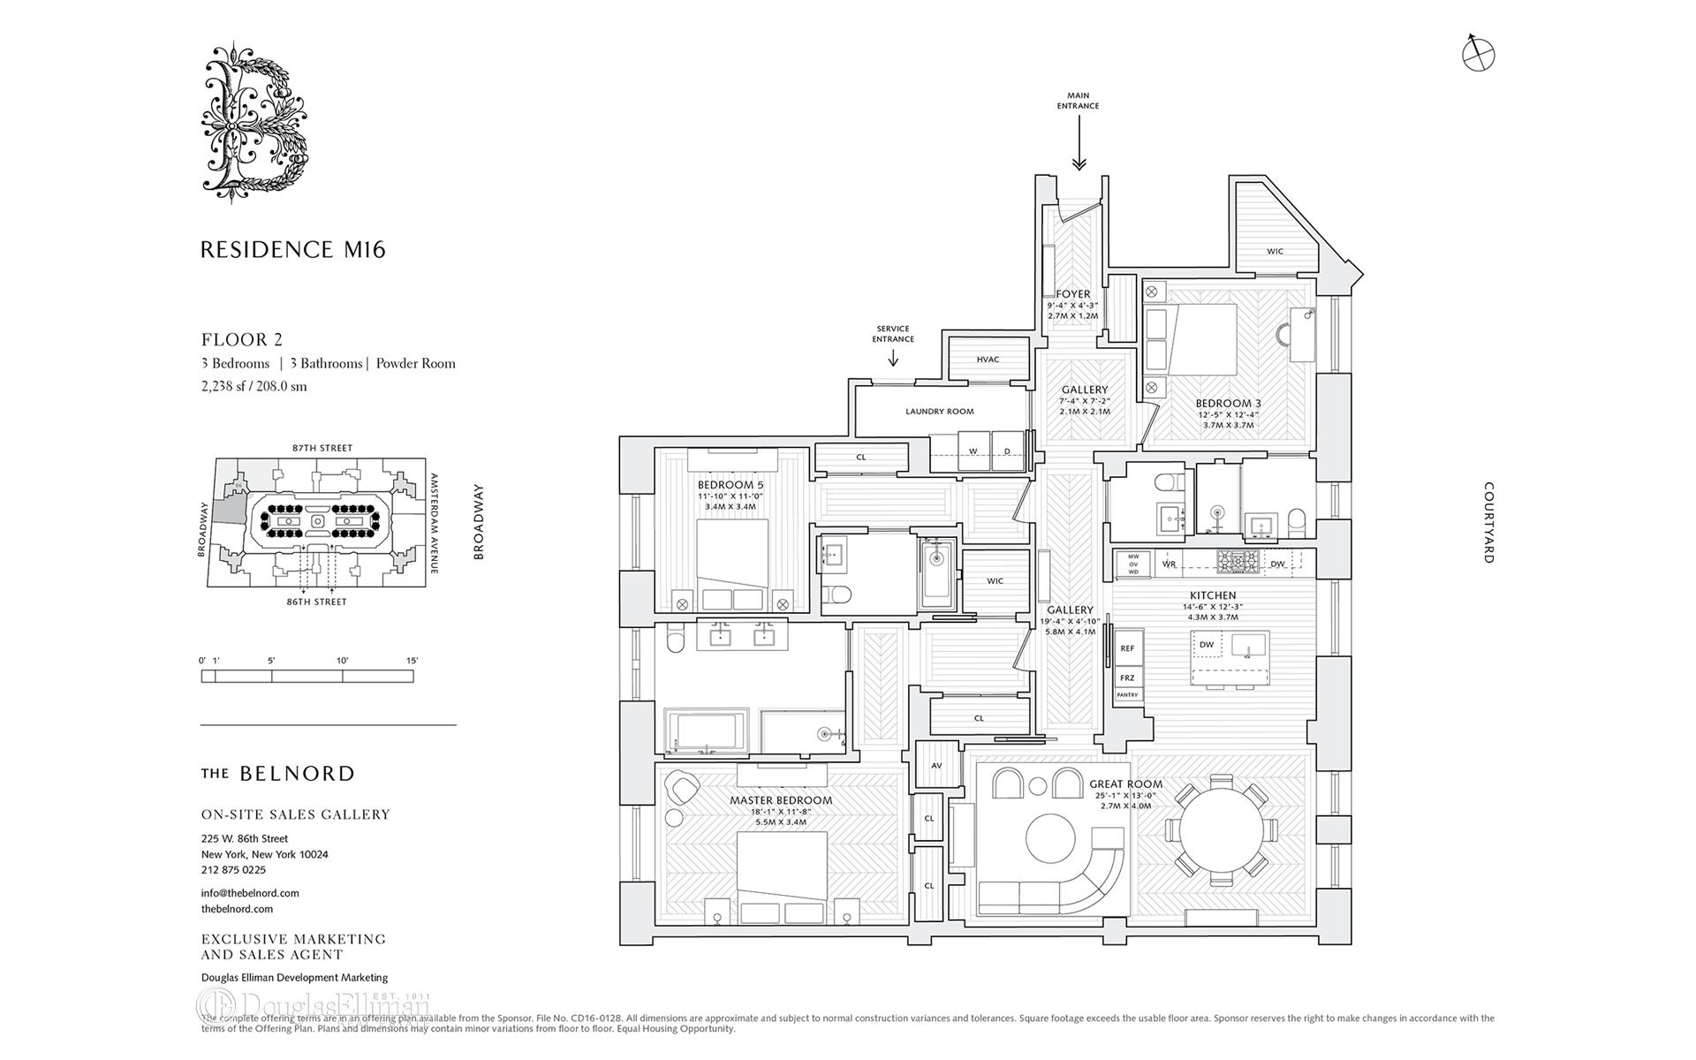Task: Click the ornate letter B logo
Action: (255, 122)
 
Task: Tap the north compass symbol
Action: (1478, 55)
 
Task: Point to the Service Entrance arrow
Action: (893, 357)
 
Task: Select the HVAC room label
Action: (988, 360)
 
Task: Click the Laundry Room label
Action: (939, 412)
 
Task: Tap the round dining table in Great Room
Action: (1221, 831)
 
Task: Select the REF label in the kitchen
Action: (1127, 648)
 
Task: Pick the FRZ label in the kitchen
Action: (1127, 678)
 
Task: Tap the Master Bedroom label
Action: (780, 800)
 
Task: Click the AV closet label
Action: (935, 765)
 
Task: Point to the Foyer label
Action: (1072, 294)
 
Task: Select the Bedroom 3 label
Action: (1229, 404)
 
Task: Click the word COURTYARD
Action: (1488, 522)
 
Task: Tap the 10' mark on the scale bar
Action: (343, 661)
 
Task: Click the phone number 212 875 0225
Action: (233, 870)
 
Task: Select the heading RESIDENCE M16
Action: (293, 250)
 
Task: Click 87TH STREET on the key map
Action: (322, 448)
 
